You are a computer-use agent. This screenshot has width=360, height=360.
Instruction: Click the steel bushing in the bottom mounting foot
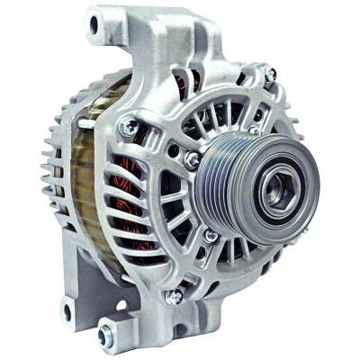click(x=104, y=336)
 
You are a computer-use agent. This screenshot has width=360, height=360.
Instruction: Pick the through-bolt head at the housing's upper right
click(x=270, y=74)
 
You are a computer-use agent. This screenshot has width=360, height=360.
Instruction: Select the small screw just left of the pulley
click(x=192, y=159)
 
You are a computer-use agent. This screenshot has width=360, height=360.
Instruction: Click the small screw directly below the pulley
click(x=210, y=236)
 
